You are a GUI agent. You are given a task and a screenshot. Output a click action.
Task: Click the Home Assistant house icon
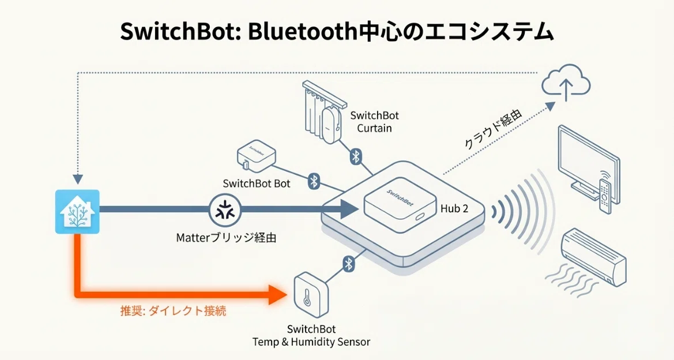pos(77,212)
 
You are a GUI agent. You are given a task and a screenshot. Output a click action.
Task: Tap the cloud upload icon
pos(566,84)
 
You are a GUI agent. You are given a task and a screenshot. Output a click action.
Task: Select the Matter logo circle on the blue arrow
pos(225,211)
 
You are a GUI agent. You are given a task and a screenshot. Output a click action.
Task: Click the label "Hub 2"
pos(454,209)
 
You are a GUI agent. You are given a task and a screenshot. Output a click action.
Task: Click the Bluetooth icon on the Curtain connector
pos(356,156)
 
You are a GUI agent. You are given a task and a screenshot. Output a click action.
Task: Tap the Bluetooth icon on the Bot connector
pos(314,181)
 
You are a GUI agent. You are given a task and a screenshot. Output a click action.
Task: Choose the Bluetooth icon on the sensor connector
pos(349,264)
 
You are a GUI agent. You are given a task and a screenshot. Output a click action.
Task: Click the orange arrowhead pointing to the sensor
pos(277,295)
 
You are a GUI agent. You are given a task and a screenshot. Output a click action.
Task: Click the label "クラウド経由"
pos(494,129)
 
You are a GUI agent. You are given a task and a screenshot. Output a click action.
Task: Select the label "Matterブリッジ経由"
pos(226,237)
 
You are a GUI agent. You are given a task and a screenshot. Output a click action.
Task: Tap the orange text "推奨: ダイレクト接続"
pos(173,311)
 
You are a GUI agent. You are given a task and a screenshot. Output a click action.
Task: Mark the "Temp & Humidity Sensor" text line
pos(311,342)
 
